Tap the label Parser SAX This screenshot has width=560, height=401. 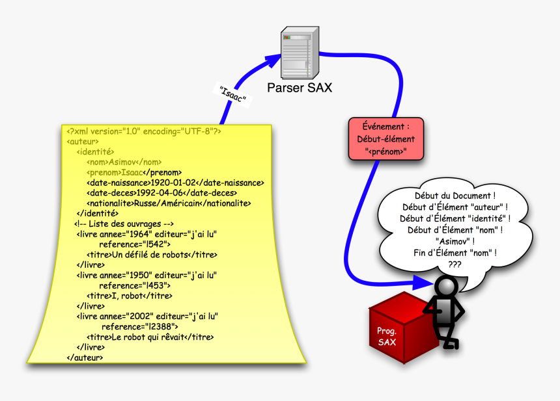[300, 87]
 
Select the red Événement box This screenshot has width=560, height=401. [385, 139]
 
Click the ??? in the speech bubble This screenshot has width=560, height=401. [455, 265]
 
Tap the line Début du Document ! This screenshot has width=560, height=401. [455, 195]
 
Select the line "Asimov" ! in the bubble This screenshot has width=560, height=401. [455, 241]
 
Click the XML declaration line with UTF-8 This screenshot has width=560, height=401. [144, 131]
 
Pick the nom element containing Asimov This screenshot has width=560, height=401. [124, 162]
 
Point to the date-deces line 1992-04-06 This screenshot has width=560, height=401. [161, 192]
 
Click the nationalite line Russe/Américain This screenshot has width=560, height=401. [169, 203]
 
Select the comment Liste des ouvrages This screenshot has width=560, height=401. [124, 224]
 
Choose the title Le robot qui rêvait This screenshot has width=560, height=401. [150, 337]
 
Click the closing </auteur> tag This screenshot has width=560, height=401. [84, 357]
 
